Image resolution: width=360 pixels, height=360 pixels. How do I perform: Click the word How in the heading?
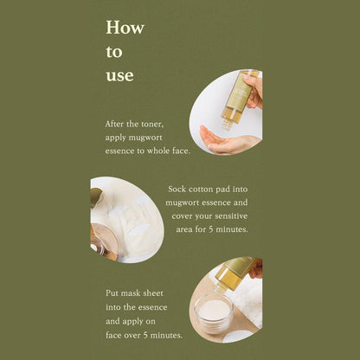(x=125, y=28)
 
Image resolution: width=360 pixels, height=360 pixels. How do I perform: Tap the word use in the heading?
(x=119, y=76)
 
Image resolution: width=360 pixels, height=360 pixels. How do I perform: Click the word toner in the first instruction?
(x=152, y=124)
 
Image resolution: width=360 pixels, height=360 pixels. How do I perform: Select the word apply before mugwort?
(x=115, y=138)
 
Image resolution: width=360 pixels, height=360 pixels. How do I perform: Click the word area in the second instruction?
(x=183, y=230)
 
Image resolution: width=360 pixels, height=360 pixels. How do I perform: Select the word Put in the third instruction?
(x=112, y=293)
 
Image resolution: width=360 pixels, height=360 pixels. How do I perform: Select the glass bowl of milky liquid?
(x=214, y=312)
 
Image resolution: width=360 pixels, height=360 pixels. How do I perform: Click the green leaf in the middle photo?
(x=96, y=196)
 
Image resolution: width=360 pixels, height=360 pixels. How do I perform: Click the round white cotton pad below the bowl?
(x=237, y=336)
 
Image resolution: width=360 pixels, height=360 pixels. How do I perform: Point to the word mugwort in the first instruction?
(x=145, y=138)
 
